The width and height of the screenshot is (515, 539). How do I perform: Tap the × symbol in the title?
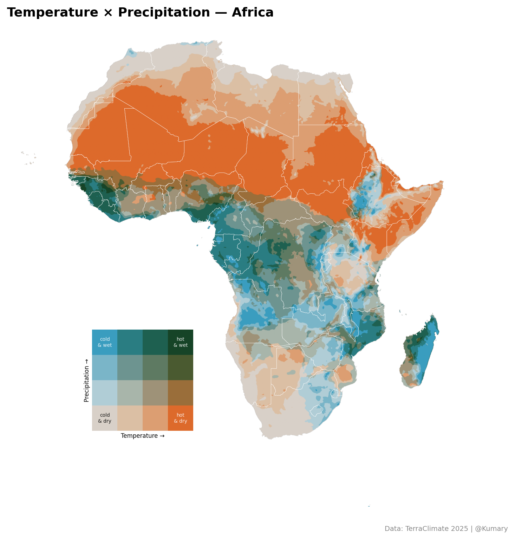108,13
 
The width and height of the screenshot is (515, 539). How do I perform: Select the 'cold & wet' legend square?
105,342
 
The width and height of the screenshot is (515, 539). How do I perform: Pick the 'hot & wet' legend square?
181,342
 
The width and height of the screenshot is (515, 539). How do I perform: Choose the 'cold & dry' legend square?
105,418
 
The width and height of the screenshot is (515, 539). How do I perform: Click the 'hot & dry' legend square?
181,418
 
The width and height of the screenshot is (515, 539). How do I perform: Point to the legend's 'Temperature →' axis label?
143,436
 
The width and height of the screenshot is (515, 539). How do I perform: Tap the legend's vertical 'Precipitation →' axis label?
86,380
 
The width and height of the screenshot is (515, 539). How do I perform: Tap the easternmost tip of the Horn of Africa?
442,182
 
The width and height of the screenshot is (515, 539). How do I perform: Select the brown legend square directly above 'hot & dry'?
181,393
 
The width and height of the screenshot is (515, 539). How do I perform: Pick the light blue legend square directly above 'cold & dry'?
105,393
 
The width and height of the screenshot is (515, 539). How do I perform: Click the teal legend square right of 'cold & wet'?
130,342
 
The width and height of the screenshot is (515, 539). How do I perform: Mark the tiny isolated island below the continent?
369,506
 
